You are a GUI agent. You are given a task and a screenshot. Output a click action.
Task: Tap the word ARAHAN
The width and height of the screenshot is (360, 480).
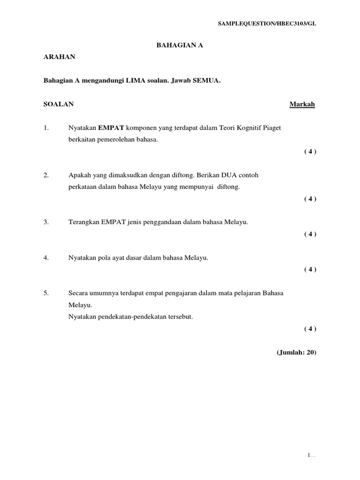(x=59, y=57)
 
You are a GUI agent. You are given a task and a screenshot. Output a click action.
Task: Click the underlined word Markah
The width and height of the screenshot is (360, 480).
(x=302, y=104)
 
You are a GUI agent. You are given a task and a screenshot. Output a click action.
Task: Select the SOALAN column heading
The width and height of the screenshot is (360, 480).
(x=59, y=104)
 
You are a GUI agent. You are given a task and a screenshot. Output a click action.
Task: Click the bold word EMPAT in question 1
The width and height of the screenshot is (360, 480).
(x=111, y=127)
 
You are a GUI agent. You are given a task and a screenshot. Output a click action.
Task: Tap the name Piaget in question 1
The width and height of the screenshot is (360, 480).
(x=270, y=127)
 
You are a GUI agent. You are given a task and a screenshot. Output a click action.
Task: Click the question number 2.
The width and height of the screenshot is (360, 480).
(x=46, y=175)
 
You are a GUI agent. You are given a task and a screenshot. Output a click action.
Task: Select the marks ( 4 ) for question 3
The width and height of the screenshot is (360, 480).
(x=310, y=234)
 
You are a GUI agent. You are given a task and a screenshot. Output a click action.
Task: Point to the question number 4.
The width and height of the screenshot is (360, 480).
(x=46, y=258)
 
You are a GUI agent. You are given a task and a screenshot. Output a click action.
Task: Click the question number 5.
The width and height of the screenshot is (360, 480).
(x=46, y=293)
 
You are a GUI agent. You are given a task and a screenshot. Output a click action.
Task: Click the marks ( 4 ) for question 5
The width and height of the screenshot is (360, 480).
(x=310, y=329)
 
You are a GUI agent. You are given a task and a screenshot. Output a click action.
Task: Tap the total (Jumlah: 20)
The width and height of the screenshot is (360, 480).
(x=296, y=353)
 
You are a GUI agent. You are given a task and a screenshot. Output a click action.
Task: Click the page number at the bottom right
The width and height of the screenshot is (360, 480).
(x=311, y=455)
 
